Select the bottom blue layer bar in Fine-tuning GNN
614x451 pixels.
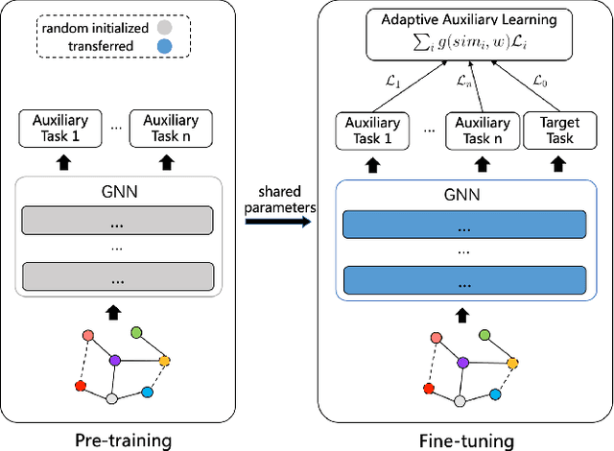pyautogui.click(x=463, y=282)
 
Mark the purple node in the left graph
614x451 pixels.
pyautogui.click(x=114, y=361)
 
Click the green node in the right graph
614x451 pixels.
pyautogui.click(x=484, y=334)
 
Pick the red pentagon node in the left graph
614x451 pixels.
pyautogui.click(x=82, y=387)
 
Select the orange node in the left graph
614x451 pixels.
pyautogui.click(x=164, y=362)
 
